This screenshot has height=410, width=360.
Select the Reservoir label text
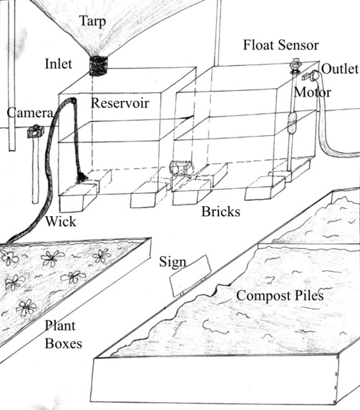[x=120, y=103]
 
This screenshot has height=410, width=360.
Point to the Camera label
[x=28, y=113]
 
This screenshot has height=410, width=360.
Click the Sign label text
[x=172, y=263]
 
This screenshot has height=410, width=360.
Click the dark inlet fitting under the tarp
[x=97, y=64]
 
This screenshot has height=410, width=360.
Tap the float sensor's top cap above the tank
[x=293, y=69]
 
